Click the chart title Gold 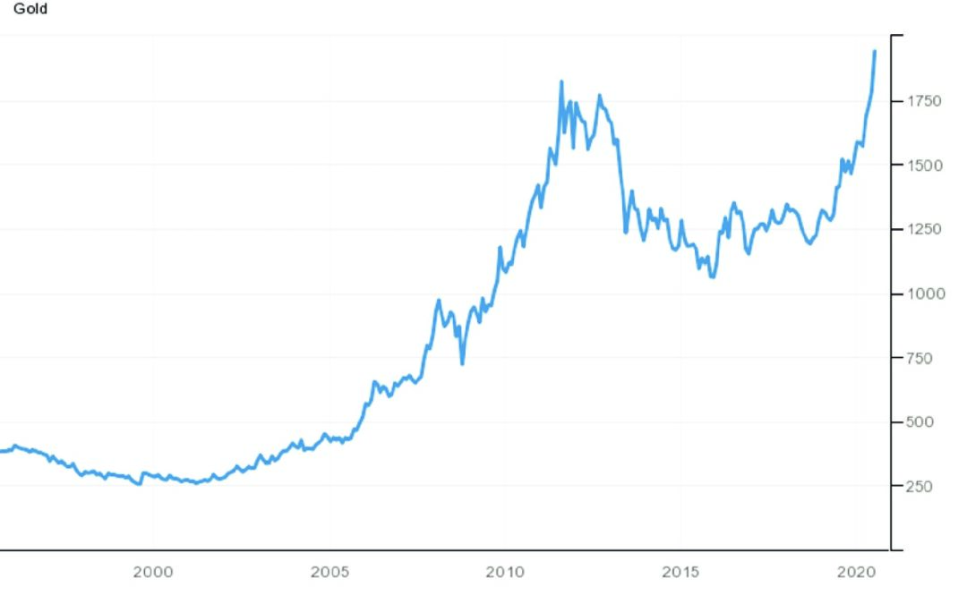(30, 9)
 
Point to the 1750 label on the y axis (922, 101)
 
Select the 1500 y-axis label (922, 166)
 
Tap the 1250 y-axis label (922, 229)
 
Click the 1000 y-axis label (922, 293)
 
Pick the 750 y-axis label (919, 358)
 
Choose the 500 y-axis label (919, 421)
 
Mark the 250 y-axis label (919, 486)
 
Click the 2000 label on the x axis (152, 572)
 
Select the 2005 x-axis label (329, 572)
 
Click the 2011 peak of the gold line (561, 81)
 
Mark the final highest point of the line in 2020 (875, 52)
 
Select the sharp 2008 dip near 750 (462, 363)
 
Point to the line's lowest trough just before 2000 (139, 484)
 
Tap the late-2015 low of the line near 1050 (713, 277)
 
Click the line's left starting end (2, 451)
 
